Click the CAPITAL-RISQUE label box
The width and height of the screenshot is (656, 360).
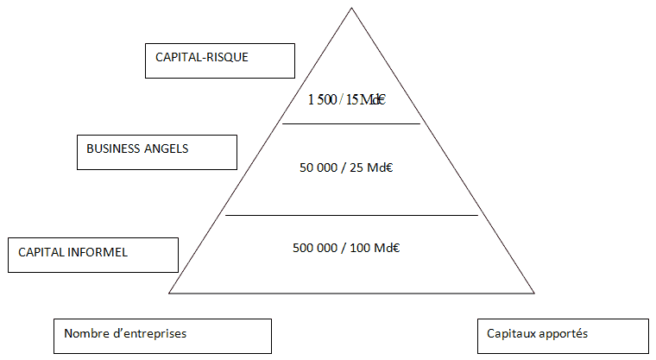point(220,60)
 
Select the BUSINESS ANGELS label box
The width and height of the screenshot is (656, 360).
point(156,152)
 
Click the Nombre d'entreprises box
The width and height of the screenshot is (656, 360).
point(162,336)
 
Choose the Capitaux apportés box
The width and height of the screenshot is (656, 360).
point(563,336)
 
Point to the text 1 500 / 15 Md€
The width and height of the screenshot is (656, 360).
point(346,99)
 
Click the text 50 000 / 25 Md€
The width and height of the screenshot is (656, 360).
point(346,167)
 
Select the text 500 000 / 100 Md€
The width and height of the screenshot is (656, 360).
point(346,248)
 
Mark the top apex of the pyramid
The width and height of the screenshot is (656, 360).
point(351,9)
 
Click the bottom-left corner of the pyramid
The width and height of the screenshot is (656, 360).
point(169,294)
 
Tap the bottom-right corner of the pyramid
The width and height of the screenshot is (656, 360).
point(534,294)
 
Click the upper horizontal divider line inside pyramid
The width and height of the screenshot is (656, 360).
point(351,124)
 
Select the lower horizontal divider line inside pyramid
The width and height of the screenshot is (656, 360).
point(351,215)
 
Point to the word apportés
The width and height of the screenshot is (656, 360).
point(565,333)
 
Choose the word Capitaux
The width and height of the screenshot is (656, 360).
point(510,333)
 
